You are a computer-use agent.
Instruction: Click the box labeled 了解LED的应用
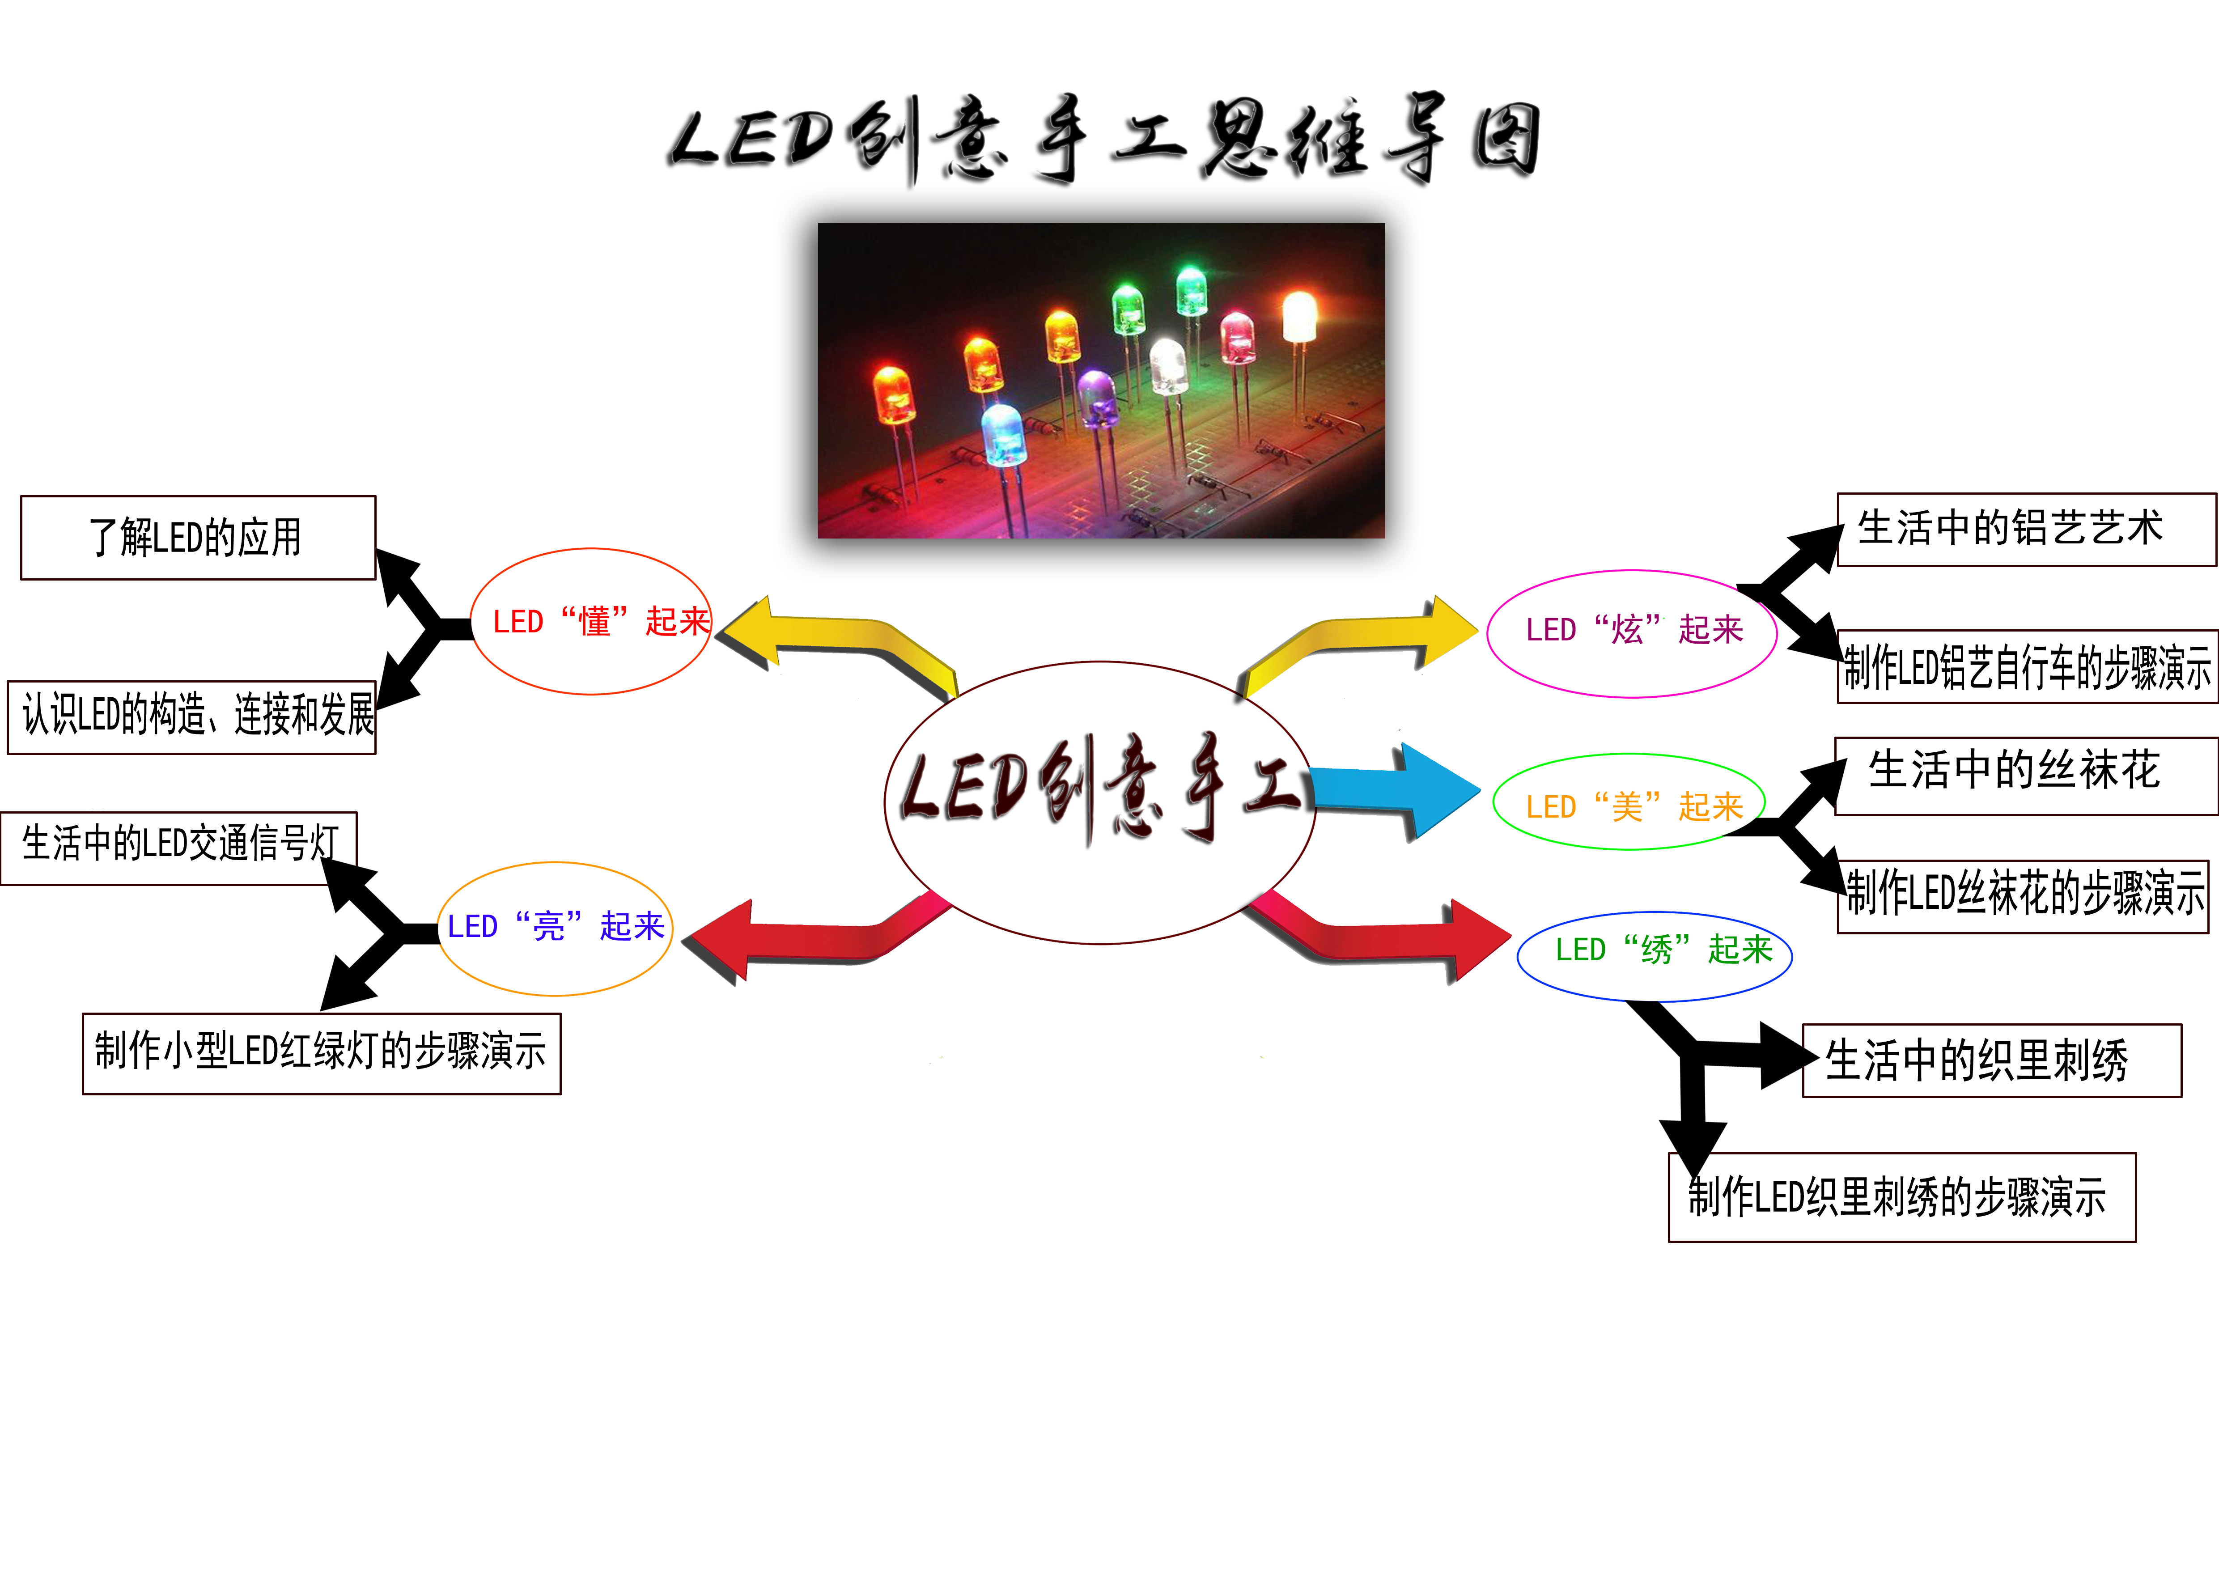pos(197,538)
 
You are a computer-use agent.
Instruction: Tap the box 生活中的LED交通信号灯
pos(179,847)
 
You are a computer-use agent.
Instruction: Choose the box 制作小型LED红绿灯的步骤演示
pos(321,1053)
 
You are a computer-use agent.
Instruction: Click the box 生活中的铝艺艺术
pos(2026,530)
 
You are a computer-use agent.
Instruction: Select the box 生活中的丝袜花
pos(2026,776)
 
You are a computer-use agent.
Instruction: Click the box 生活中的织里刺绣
pos(1991,1060)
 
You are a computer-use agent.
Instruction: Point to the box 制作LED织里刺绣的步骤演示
pos(1901,1197)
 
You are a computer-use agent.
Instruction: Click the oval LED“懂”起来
pos(591,621)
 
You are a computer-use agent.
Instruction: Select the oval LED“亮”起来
pos(555,928)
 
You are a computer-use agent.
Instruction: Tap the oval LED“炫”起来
pos(1631,633)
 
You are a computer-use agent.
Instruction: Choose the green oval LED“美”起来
pos(1629,802)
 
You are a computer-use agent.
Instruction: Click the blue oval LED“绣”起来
pos(1655,955)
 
